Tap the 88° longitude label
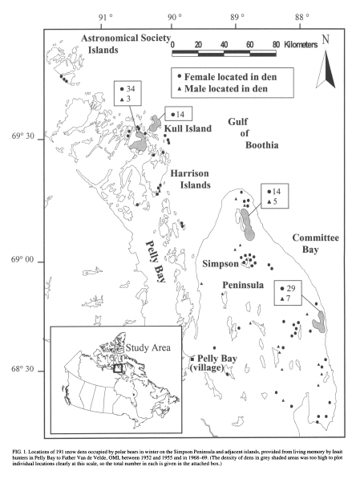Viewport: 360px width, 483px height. (302, 16)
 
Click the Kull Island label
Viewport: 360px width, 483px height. (188, 130)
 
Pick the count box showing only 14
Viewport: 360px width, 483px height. (176, 114)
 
